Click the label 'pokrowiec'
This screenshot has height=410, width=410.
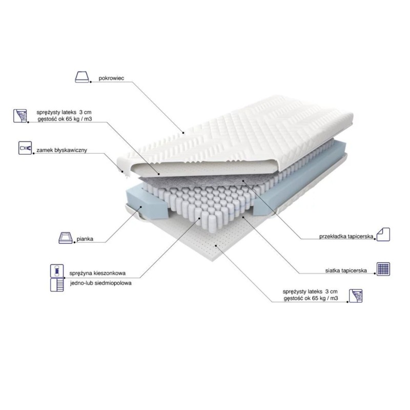(111, 78)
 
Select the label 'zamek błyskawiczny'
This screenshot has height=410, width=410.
(61, 150)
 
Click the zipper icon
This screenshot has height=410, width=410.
(25, 148)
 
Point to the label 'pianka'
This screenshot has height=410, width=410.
(85, 239)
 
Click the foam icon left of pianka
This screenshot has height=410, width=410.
(66, 238)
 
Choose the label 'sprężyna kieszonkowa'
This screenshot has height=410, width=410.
(97, 273)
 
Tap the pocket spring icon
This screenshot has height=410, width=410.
(57, 271)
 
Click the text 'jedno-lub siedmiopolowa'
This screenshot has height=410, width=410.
(100, 283)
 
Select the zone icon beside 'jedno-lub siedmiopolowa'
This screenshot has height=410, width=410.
(57, 285)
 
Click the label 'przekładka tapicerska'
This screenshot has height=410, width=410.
(346, 236)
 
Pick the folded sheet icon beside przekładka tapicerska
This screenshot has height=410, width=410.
(383, 234)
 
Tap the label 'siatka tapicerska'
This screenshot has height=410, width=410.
(346, 271)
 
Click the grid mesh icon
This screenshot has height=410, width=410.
(383, 269)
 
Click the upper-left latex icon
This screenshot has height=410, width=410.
(20, 116)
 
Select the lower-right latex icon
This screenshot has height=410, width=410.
(356, 296)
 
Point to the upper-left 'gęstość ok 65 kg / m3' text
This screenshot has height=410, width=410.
(65, 119)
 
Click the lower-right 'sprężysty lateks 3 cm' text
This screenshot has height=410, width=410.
(310, 292)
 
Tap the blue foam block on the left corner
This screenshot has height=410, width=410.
(147, 204)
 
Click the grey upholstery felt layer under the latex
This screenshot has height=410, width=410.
(199, 181)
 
